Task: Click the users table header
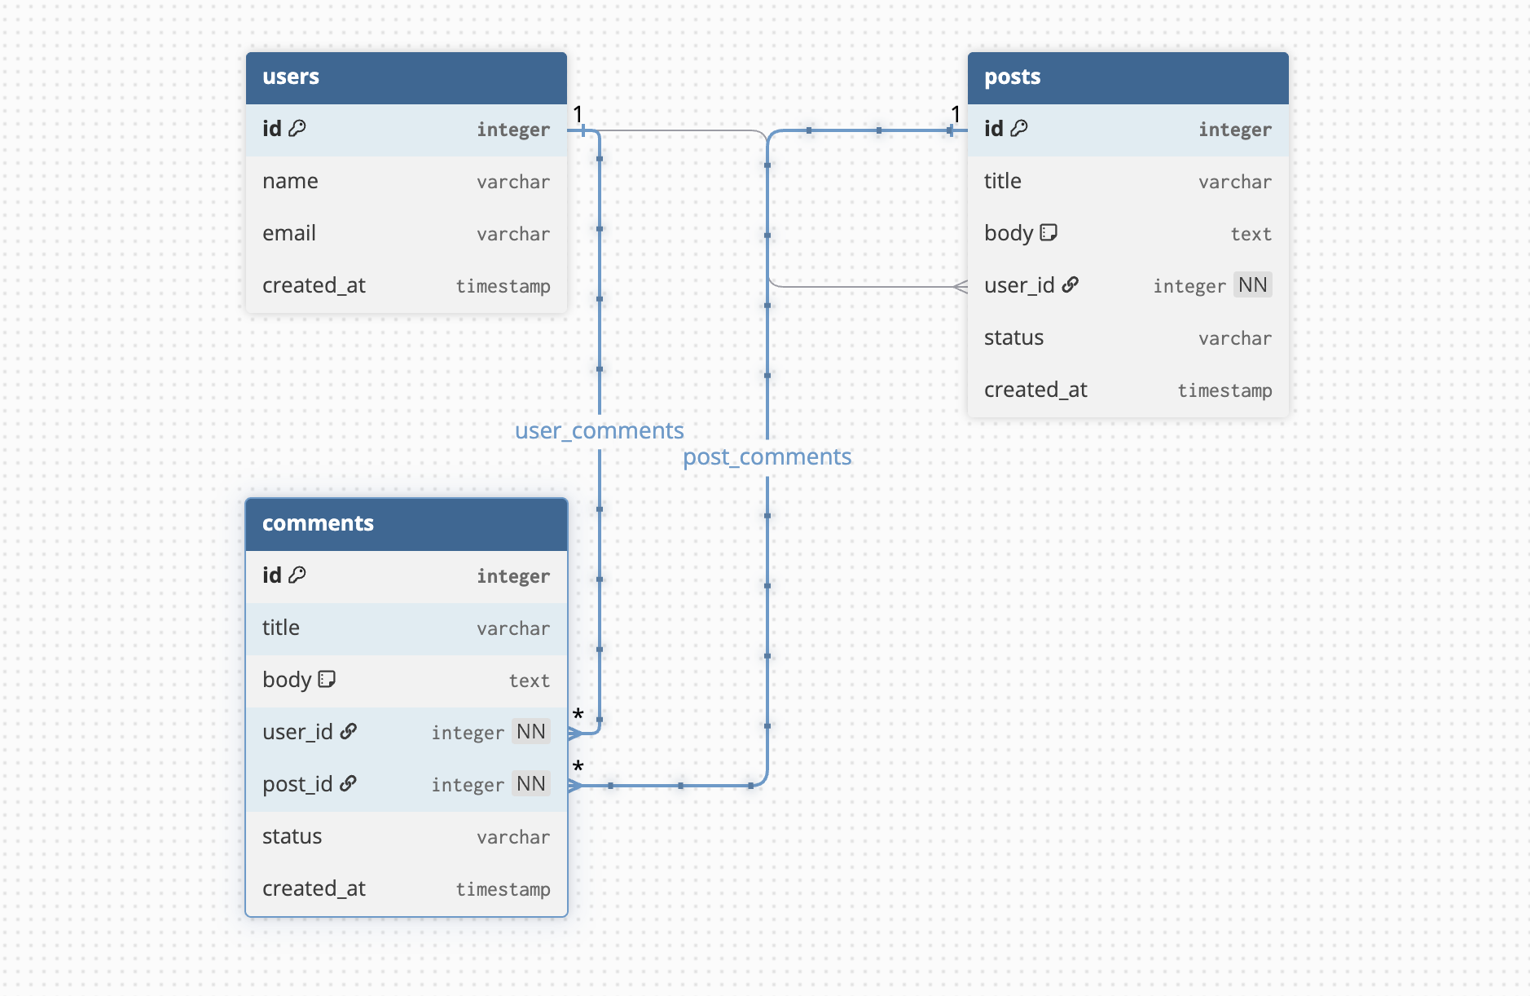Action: click(406, 77)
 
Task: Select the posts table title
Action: click(1012, 77)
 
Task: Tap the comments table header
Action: click(406, 524)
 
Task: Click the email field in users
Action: click(289, 234)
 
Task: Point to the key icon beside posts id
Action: click(1019, 128)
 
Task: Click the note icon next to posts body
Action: click(1049, 233)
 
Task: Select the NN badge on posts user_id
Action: click(1252, 285)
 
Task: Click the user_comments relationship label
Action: click(599, 430)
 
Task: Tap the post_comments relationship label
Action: click(767, 457)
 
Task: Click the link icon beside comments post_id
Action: click(348, 783)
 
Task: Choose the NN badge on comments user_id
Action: click(530, 732)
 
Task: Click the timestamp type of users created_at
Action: click(503, 286)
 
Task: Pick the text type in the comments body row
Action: click(529, 681)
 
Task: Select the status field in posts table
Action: click(1013, 338)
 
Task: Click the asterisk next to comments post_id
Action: click(578, 767)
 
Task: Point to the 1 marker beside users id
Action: click(578, 114)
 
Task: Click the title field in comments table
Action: click(281, 628)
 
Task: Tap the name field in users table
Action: click(290, 182)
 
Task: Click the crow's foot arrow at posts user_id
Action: click(961, 287)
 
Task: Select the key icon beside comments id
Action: click(297, 575)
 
